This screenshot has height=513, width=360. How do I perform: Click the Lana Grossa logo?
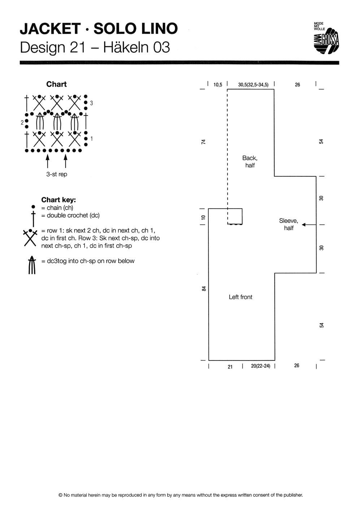pos(326,38)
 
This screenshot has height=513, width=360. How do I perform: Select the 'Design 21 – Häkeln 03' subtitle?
pos(95,47)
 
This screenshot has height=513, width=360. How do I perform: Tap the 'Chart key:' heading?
pos(58,200)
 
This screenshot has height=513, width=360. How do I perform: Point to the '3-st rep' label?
pos(57,174)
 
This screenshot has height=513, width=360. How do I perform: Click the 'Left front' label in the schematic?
pos(240,297)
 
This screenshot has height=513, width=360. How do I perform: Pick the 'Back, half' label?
pos(250,161)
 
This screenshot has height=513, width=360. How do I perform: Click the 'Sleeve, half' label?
pos(289,224)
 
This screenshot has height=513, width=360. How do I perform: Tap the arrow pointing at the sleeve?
pos(309,225)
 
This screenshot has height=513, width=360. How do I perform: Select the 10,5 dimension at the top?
pos(218,85)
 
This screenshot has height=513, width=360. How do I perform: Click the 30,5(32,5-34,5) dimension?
pos(253,85)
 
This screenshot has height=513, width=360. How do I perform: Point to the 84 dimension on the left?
pos(204,289)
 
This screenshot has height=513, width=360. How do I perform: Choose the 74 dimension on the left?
pos(203,142)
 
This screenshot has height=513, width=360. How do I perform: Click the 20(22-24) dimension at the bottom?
pos(260,366)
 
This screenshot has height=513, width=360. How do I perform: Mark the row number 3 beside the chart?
pos(92,103)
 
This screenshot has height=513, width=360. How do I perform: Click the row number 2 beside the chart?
pos(22,123)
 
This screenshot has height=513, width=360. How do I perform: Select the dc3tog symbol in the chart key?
pos(32,265)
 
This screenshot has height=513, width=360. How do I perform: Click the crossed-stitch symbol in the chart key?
pos(30,237)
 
